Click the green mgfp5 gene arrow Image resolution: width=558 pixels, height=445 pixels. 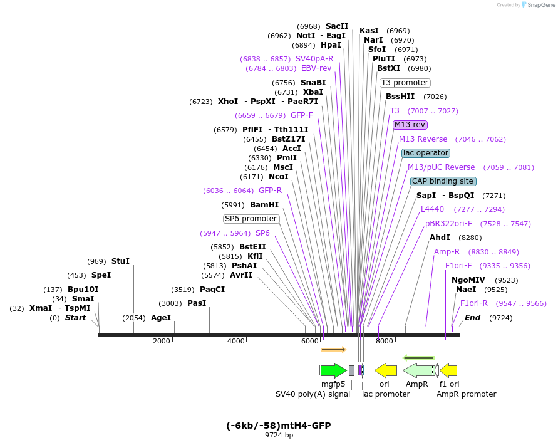[333, 370]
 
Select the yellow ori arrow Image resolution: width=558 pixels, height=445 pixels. [386, 370]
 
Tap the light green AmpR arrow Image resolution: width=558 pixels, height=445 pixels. [418, 370]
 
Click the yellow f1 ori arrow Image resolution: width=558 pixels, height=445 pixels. [449, 370]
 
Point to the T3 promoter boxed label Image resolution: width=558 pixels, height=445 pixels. [405, 83]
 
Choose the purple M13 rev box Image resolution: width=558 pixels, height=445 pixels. [410, 125]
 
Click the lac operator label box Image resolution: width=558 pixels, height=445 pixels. [426, 153]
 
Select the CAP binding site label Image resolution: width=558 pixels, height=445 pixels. [443, 181]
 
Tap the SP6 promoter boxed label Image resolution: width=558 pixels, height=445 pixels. [251, 219]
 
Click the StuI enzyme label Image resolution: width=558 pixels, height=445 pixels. [120, 261]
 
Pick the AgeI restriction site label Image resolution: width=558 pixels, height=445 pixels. [161, 318]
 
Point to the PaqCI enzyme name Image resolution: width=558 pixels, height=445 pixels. [212, 289]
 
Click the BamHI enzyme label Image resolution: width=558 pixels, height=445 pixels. [264, 204]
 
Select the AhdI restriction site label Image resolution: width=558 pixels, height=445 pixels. [440, 238]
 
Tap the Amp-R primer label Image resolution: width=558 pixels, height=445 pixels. [447, 251]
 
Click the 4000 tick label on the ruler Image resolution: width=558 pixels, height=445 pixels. [236, 341]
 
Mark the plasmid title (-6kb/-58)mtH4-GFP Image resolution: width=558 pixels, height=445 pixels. [278, 426]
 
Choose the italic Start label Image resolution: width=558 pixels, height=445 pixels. [76, 318]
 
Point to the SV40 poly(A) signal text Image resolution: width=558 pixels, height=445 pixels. [313, 394]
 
